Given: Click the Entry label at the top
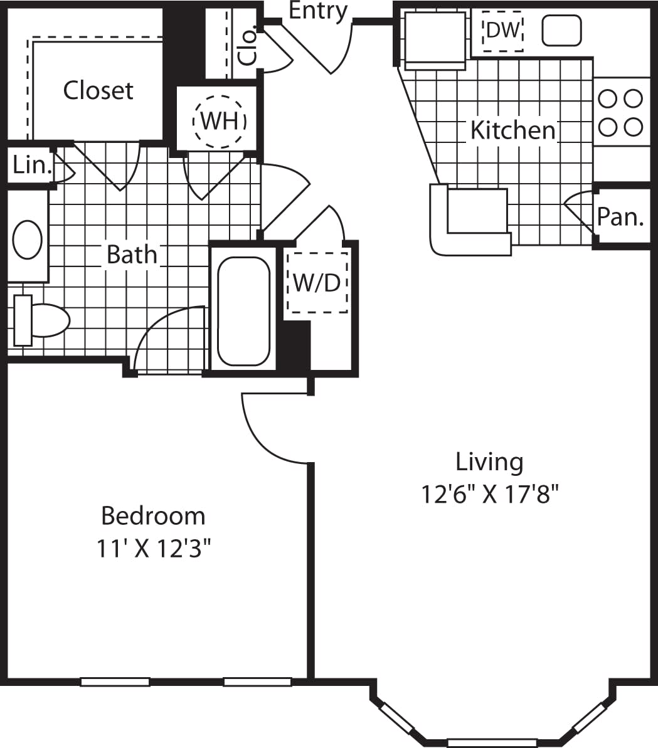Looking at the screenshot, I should click(x=318, y=11).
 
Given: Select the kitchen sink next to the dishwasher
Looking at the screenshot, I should click(x=561, y=30).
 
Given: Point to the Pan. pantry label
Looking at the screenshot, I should click(x=620, y=216).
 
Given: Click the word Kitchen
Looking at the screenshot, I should click(x=512, y=130).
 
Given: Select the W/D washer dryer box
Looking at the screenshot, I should click(x=317, y=282).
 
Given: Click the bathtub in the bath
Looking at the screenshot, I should click(x=243, y=310).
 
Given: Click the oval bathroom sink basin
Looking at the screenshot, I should click(x=28, y=239).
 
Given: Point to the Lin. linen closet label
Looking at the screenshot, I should click(x=29, y=165).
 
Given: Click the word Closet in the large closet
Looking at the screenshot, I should click(x=98, y=91).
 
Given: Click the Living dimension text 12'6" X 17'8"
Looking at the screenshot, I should click(x=489, y=495).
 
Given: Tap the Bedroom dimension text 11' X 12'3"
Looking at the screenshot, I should click(x=152, y=549).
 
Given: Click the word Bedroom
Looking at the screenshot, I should click(x=153, y=516).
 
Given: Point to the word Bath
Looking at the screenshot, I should click(x=132, y=255).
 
